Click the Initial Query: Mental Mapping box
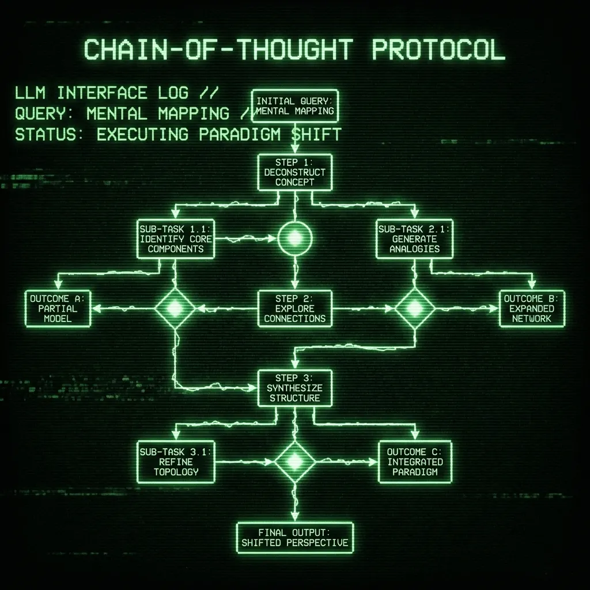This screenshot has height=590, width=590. click(x=295, y=105)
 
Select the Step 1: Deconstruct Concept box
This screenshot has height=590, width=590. click(x=295, y=172)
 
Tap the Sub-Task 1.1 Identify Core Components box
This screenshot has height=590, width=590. click(x=176, y=239)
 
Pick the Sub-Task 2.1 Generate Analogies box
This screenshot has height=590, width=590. click(x=414, y=239)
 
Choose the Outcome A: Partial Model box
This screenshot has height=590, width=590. click(x=58, y=308)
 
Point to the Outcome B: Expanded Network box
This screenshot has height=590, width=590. click(x=531, y=308)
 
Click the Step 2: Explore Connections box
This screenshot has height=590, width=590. click(x=295, y=308)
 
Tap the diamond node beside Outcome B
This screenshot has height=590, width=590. click(x=414, y=308)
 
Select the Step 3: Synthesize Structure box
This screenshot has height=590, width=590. click(x=295, y=388)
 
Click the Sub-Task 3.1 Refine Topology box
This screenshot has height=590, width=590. click(x=176, y=461)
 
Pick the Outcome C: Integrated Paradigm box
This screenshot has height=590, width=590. click(x=414, y=461)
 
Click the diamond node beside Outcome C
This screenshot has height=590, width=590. click(x=295, y=461)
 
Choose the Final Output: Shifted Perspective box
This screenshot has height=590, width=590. click(x=295, y=537)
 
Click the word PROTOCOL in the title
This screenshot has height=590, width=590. click(x=438, y=50)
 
